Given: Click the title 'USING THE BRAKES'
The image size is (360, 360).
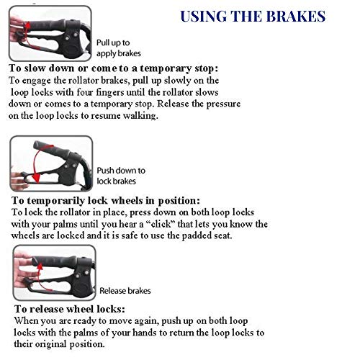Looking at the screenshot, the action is (x=253, y=17).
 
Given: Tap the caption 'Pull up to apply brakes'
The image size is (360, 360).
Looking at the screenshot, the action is (x=119, y=48).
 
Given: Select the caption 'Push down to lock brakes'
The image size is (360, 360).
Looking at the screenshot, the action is (x=121, y=176).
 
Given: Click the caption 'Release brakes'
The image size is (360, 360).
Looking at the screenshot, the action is (x=125, y=291).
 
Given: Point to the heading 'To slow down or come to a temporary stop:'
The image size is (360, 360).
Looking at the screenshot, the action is (x=113, y=68).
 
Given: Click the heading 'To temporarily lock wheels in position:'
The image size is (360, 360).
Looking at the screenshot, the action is (x=106, y=200).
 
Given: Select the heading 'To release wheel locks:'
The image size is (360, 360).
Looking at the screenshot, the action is (x=70, y=309).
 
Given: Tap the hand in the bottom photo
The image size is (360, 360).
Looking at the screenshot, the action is (x=23, y=272).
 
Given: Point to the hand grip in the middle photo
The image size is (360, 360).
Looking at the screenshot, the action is (x=52, y=149).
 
